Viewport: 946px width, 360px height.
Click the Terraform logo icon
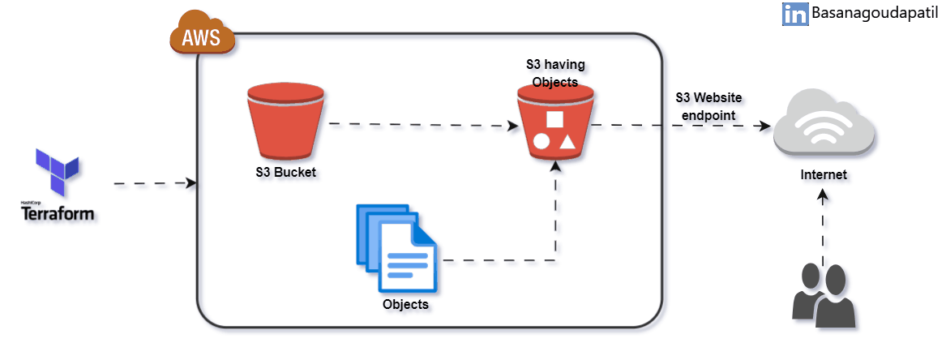(x=57, y=172)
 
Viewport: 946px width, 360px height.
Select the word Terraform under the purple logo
(x=58, y=214)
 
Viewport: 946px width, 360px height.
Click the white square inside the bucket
(x=555, y=120)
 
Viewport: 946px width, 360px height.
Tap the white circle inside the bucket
(x=541, y=143)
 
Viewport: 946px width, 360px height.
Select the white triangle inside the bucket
(x=567, y=143)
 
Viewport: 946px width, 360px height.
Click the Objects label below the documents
(x=405, y=306)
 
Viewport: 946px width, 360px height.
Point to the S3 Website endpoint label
(x=709, y=106)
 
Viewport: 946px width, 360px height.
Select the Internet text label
(x=823, y=174)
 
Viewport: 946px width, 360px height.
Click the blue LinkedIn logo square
(x=795, y=14)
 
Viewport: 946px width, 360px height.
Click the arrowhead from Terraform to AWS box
(x=191, y=184)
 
